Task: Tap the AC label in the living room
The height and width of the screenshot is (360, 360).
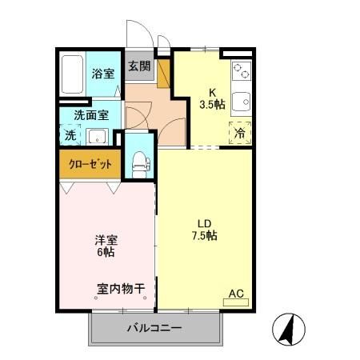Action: click(237, 294)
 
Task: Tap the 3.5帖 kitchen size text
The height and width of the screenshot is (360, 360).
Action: click(213, 103)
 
